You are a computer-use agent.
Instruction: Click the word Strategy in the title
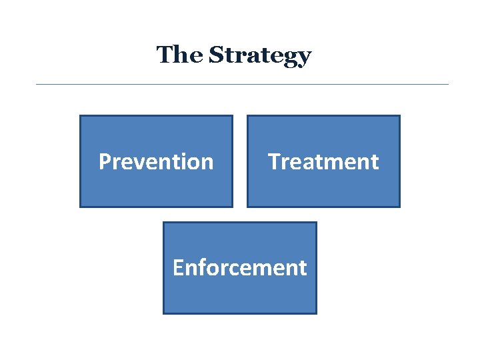[259, 55]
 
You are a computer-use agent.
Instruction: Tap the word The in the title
[180, 54]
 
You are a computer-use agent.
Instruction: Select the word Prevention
[156, 161]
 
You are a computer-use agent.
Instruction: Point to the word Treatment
[323, 161]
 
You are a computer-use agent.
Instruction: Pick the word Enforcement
[239, 267]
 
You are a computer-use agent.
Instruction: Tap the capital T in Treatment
[273, 161]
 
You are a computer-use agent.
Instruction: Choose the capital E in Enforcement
[177, 267]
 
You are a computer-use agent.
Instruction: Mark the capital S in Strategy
[216, 55]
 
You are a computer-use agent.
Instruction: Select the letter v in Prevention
[139, 163]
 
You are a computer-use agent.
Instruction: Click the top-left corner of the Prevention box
[80, 116]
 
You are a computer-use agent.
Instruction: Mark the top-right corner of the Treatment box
[399, 116]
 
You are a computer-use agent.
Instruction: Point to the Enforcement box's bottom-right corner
[316, 313]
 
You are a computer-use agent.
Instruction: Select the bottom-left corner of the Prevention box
[80, 207]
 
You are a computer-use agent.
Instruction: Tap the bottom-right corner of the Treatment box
[399, 207]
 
